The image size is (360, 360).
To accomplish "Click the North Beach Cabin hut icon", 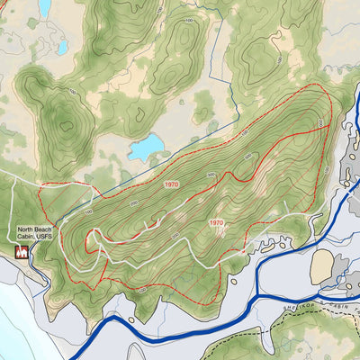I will tap(22, 255).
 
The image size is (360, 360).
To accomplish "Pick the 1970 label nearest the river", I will tap(216, 221).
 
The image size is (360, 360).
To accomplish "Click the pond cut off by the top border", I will tap(44, 8).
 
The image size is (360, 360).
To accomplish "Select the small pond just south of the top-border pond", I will tap(62, 45).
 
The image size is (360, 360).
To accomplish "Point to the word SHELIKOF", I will tap(293, 304).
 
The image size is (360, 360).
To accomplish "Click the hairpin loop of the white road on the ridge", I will tap(94, 241).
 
